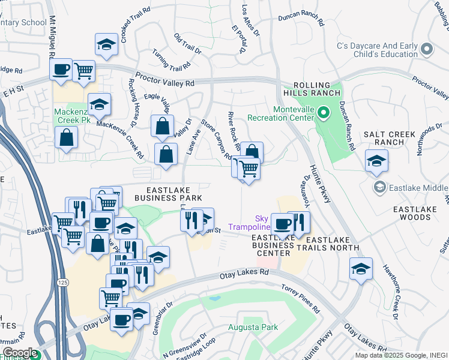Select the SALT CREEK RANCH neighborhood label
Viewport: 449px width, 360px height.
click(387, 137)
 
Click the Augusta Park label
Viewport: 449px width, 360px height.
click(253, 328)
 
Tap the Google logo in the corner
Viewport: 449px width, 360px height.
click(19, 353)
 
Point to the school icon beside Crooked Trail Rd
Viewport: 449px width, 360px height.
click(106, 44)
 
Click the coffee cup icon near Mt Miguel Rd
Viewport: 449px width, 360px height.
click(61, 70)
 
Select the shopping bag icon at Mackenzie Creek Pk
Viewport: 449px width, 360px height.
click(66, 137)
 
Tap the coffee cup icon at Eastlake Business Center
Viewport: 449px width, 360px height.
click(281, 224)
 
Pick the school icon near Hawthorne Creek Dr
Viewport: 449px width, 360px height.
click(361, 269)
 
